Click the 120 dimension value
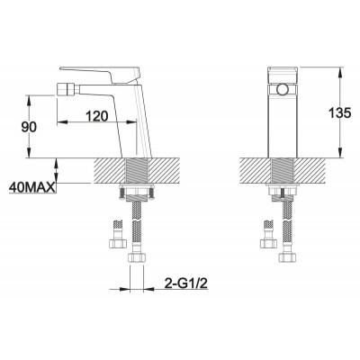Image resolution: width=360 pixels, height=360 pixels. pyautogui.click(x=96, y=116)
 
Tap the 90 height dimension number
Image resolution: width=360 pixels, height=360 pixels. pyautogui.click(x=29, y=127)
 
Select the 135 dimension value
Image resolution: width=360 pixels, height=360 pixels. pyautogui.click(x=339, y=113)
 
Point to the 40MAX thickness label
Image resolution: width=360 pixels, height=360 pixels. pyautogui.click(x=32, y=187)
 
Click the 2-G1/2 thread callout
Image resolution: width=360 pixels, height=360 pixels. pyautogui.click(x=186, y=283)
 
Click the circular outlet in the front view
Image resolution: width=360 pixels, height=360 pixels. pyautogui.click(x=282, y=89)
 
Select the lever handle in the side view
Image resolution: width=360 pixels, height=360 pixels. pyautogui.click(x=100, y=74)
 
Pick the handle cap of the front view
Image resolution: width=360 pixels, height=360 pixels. pyautogui.click(x=283, y=75)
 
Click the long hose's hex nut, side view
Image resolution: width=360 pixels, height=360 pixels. pyautogui.click(x=137, y=257)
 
